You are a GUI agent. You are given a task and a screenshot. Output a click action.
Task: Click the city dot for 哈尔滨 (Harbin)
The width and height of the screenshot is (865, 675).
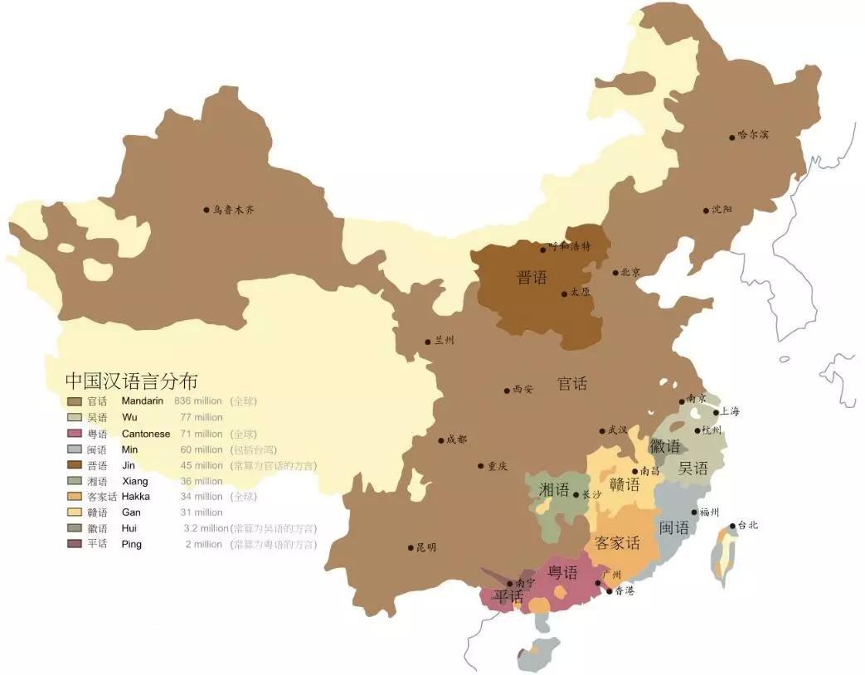click(732, 137)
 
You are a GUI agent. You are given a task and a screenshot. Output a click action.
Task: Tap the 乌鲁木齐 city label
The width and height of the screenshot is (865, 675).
click(234, 211)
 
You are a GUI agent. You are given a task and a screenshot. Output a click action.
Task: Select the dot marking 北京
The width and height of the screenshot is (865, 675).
click(615, 273)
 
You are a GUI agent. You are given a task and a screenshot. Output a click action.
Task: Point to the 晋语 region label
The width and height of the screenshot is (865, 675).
click(532, 278)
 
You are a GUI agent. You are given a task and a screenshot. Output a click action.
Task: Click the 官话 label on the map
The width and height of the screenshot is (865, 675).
click(572, 384)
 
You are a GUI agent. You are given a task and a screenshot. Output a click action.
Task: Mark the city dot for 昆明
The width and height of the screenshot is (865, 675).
click(411, 547)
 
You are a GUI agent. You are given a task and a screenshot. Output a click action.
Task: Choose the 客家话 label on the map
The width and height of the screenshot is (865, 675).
click(617, 543)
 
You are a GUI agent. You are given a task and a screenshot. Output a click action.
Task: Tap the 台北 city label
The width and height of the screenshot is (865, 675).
click(746, 525)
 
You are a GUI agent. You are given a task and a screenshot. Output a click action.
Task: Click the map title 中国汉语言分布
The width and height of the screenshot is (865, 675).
click(131, 381)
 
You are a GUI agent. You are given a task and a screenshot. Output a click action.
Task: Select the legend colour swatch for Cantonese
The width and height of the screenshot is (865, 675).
click(75, 434)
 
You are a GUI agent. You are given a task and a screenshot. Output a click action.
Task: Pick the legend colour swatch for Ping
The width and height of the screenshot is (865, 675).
click(75, 544)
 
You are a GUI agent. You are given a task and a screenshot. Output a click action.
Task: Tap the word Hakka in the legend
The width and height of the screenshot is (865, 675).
click(135, 497)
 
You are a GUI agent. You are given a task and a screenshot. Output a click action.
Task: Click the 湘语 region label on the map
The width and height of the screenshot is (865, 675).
click(554, 489)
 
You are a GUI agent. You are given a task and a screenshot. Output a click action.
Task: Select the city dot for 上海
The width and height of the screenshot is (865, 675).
click(716, 412)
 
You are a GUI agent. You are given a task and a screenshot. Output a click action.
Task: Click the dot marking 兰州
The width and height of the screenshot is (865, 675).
click(428, 341)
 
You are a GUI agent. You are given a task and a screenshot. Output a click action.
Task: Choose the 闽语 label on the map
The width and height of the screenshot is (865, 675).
click(674, 527)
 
